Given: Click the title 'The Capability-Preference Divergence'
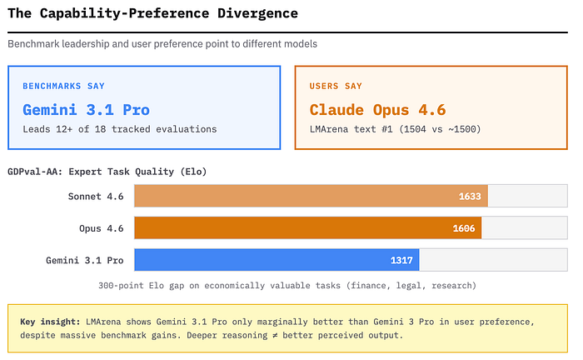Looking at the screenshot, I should [152, 14].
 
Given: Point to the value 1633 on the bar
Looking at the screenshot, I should [470, 196].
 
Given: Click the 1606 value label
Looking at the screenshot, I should [463, 227].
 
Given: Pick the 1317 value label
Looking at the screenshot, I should [402, 260].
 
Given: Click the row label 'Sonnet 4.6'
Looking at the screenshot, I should [96, 196].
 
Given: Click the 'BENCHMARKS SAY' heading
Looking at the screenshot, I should [63, 86].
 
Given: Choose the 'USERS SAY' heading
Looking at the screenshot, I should [336, 86].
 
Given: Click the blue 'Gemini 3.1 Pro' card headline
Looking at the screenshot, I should [86, 109].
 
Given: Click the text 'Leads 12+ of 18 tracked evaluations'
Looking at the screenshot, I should [119, 129].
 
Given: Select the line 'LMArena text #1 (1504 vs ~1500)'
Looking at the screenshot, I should [396, 129].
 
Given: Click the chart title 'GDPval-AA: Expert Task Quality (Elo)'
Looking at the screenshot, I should [107, 172].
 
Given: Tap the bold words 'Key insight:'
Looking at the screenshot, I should [50, 321].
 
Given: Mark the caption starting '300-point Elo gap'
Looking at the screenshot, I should [287, 285].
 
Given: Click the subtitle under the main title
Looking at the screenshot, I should [162, 43].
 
